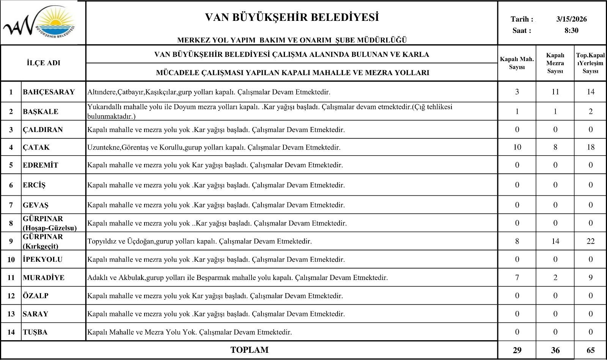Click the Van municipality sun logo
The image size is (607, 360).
click(42, 23)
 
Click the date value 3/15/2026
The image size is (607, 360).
click(571, 19)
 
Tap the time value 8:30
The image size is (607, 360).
click(571, 31)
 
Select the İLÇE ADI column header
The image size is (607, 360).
click(44, 63)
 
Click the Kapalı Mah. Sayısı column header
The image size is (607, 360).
click(517, 63)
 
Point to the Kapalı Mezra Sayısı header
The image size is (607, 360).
click(555, 63)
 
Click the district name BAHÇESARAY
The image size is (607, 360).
click(49, 92)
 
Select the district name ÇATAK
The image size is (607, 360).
click(36, 147)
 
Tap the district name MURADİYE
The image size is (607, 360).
click(44, 277)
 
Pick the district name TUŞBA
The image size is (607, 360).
click(35, 332)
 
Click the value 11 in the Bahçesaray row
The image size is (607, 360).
click(555, 92)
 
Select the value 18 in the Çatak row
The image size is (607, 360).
click(591, 147)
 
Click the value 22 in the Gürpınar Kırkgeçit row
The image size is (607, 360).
click(591, 241)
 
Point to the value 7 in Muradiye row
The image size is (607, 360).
click(517, 277)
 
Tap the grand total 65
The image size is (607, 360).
click(591, 350)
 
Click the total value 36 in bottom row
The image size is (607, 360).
click(555, 350)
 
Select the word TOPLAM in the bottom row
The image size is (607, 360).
click(249, 350)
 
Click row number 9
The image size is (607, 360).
click(11, 241)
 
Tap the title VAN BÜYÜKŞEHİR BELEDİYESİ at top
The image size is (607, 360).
click(292, 17)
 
